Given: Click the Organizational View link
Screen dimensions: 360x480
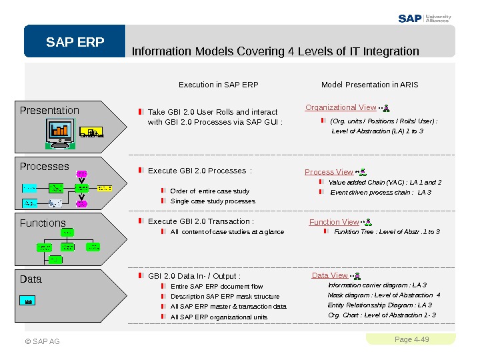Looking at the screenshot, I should (x=341, y=107).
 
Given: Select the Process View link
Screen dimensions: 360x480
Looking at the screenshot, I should (x=329, y=172).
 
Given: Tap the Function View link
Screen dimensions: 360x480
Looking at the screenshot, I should (x=334, y=222).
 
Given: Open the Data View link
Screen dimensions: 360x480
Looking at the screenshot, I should (x=329, y=275).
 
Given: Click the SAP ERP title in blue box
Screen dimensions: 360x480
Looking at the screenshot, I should (x=75, y=43).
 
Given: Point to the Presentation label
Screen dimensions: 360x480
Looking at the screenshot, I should (x=49, y=111).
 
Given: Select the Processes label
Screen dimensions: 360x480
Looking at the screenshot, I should (x=45, y=167).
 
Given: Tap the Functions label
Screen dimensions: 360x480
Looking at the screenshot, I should (x=43, y=223).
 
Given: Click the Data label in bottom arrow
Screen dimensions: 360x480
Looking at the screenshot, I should (x=31, y=279).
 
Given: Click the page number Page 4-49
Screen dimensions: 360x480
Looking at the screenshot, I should (x=411, y=340).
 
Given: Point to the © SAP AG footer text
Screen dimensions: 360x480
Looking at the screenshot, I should (x=43, y=342).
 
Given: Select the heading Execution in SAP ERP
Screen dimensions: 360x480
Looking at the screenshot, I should (x=218, y=85).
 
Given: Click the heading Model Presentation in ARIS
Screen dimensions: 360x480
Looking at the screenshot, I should (x=369, y=85).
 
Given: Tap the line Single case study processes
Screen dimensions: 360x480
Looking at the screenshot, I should (x=213, y=201).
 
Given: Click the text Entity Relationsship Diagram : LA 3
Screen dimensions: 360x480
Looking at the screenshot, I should (x=379, y=305).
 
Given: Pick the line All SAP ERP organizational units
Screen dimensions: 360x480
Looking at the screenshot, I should (x=219, y=317).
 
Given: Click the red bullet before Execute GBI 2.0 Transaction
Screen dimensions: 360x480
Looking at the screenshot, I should (x=141, y=221).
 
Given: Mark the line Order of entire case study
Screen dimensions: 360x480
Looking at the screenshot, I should (x=210, y=191).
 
